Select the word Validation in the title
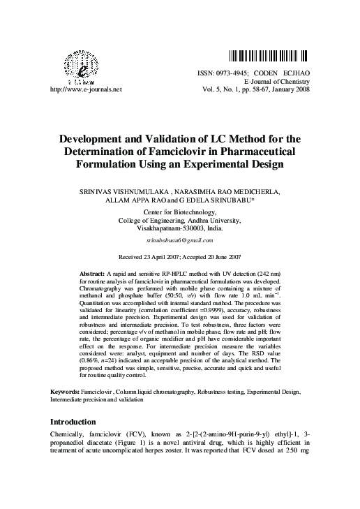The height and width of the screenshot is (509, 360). (x=179, y=138)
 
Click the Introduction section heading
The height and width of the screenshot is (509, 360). (x=73, y=422)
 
